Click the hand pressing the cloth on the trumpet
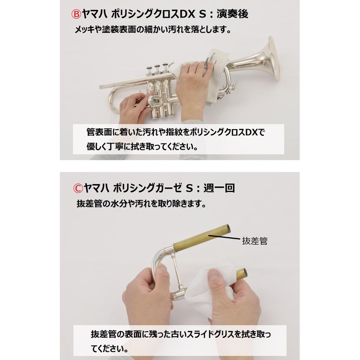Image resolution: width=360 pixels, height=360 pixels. click(189, 85)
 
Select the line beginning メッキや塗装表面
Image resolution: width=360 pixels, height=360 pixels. click(153, 31)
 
